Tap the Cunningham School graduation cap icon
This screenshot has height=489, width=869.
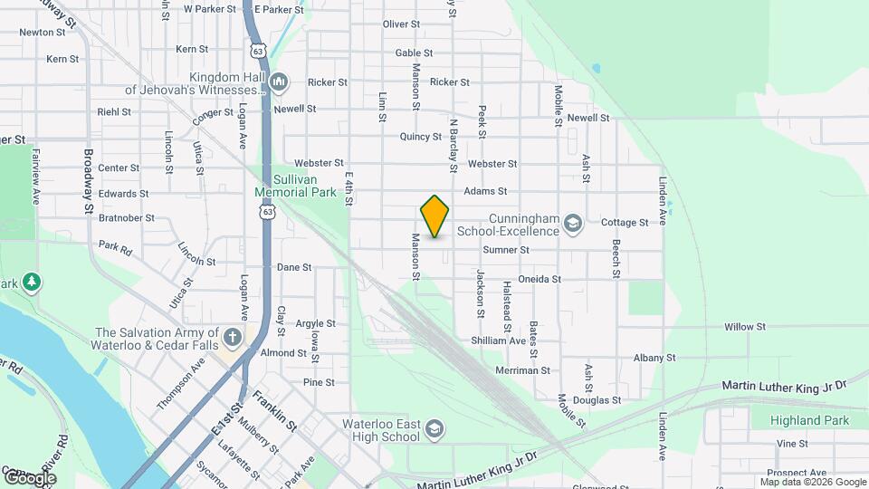pyautogui.click(x=571, y=223)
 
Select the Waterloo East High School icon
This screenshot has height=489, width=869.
pyautogui.click(x=434, y=428)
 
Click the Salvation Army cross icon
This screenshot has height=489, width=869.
pyautogui.click(x=233, y=339)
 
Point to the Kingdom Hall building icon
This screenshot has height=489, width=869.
pyautogui.click(x=279, y=82)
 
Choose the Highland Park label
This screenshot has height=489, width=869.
pyautogui.click(x=809, y=420)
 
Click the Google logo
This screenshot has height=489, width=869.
pyautogui.click(x=30, y=477)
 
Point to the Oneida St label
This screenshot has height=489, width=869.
pyautogui.click(x=540, y=279)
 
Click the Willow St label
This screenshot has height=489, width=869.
pyautogui.click(x=744, y=326)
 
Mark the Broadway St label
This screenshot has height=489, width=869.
pyautogui.click(x=90, y=180)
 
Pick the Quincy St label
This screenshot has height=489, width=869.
pyautogui.click(x=420, y=137)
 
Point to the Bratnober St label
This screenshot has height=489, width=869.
pyautogui.click(x=127, y=218)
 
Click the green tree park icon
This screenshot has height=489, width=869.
pyautogui.click(x=32, y=283)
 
